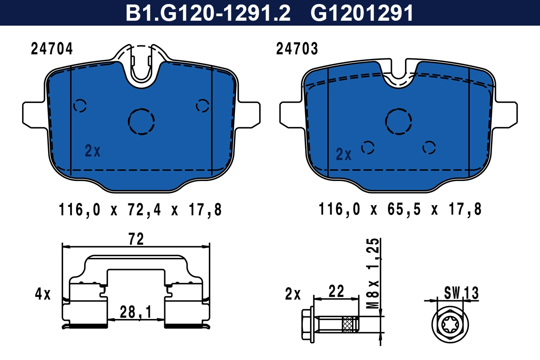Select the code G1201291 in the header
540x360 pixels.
coord(362,13)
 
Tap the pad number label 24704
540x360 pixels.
coord(52,49)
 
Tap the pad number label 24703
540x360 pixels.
coord(297,49)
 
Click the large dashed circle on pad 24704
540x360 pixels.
coord(141,121)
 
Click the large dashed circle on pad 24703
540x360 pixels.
coord(399,121)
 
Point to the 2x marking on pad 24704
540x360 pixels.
coord(93,151)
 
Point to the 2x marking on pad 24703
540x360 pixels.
coord(344,155)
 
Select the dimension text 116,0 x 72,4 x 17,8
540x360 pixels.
coord(141,209)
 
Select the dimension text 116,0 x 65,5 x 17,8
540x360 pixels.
coord(400,209)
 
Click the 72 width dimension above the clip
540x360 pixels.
coord(136,239)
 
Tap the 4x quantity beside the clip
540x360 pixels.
coord(43,295)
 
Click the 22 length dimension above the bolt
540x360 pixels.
coord(336,291)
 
